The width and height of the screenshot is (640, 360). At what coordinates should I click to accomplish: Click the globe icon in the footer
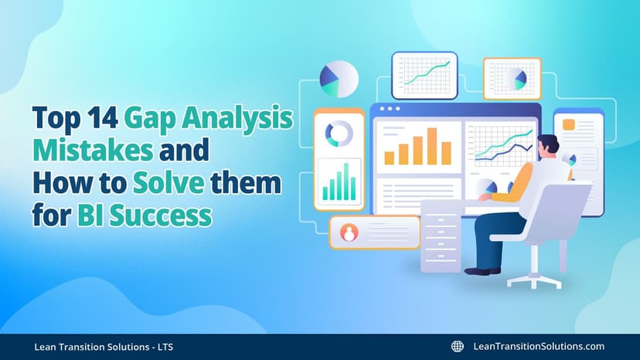pyautogui.click(x=457, y=347)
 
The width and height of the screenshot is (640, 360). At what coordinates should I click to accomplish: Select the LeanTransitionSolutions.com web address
pyautogui.click(x=538, y=347)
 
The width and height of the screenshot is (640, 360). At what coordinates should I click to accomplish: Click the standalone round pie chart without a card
pyautogui.click(x=339, y=80)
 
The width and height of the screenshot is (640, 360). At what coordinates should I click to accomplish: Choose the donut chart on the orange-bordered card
pyautogui.click(x=339, y=134)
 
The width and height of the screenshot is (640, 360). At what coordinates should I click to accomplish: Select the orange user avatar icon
pyautogui.click(x=349, y=232)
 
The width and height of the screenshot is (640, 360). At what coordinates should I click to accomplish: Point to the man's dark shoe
pyautogui.click(x=482, y=270)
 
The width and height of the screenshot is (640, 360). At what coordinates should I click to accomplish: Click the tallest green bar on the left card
pyautogui.click(x=347, y=180)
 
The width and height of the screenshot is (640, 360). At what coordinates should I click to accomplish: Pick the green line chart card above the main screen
pyautogui.click(x=424, y=74)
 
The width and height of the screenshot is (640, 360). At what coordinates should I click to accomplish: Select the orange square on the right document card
pyautogui.click(x=568, y=124)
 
